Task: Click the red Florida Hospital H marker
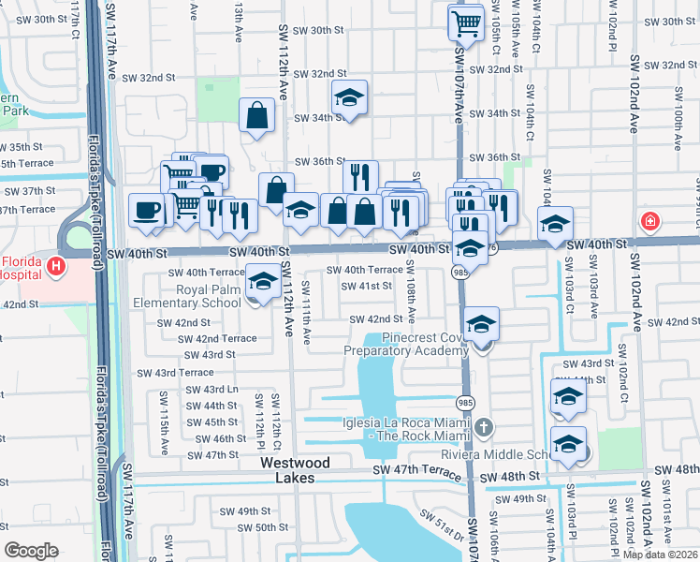pyautogui.click(x=57, y=267)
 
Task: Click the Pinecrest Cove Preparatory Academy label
pyautogui.click(x=405, y=344)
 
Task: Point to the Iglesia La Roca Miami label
pyautogui.click(x=418, y=428)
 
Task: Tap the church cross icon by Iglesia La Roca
pyautogui.click(x=483, y=428)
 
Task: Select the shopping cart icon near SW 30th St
pyautogui.click(x=465, y=21)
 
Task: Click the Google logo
pyautogui.click(x=31, y=550)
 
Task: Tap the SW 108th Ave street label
pyautogui.click(x=411, y=292)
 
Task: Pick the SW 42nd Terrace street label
pyautogui.click(x=217, y=338)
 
